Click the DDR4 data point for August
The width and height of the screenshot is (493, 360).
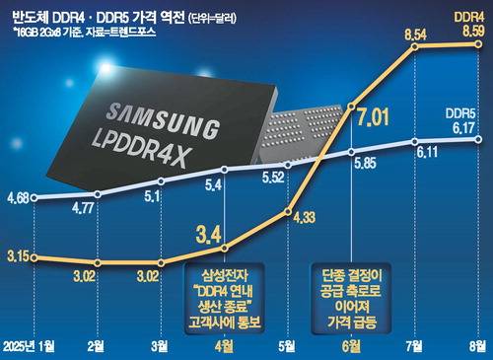[x=478, y=44]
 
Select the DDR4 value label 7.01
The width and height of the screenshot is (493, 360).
[x=373, y=116]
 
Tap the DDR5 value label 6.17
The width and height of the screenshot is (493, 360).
[x=463, y=128]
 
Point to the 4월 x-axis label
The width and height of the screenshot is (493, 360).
[x=224, y=346]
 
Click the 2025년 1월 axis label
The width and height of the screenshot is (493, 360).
[x=29, y=346]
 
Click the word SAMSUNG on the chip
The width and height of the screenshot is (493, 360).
[x=163, y=120]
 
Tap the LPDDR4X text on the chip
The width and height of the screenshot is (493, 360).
[x=141, y=148]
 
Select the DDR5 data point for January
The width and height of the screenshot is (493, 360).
[x=34, y=197]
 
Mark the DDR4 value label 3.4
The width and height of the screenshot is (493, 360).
[x=209, y=235]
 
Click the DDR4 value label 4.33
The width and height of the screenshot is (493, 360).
[x=304, y=218]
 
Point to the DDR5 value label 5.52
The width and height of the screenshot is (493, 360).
[x=273, y=178]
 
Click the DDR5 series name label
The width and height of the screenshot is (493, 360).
[x=460, y=113]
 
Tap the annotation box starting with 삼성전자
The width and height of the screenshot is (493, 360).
[x=225, y=299]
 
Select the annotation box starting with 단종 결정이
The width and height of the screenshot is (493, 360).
[x=351, y=299]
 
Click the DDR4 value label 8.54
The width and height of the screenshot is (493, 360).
[x=415, y=35]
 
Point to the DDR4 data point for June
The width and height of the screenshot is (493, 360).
[x=351, y=106]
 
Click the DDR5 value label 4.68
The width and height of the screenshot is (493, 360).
[x=18, y=198]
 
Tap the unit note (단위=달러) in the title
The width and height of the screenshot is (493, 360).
[x=212, y=19]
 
